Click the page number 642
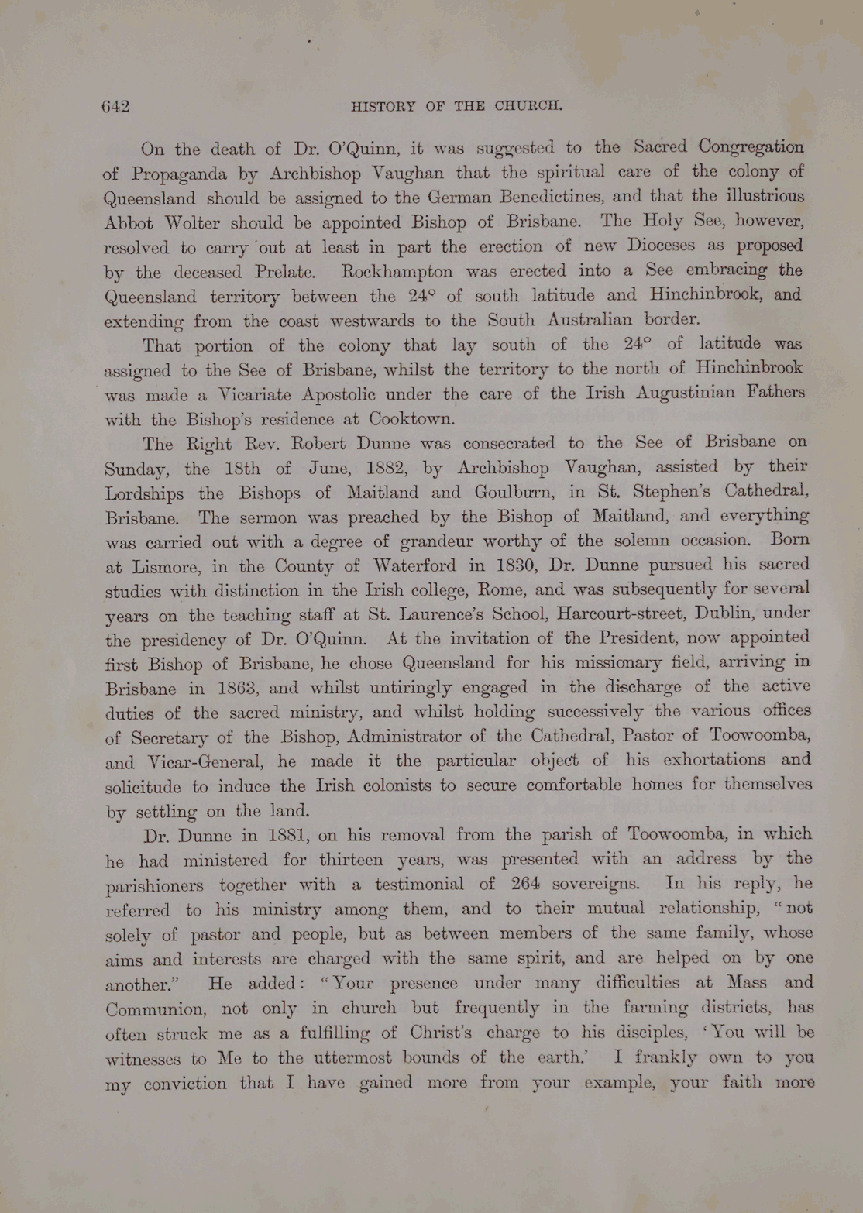pyautogui.click(x=115, y=107)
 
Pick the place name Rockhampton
pyautogui.click(x=397, y=272)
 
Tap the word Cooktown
pyautogui.click(x=411, y=419)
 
